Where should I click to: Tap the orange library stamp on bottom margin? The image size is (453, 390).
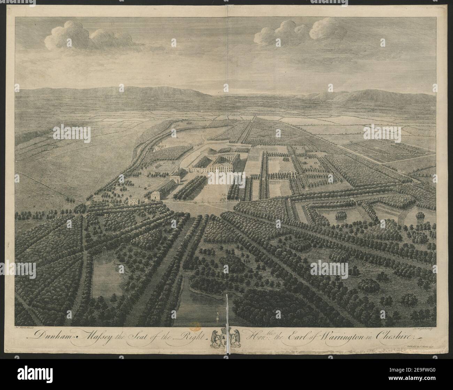[x=195, y=326]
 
